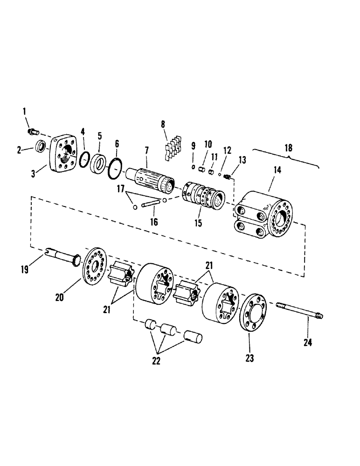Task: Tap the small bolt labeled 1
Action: pyautogui.click(x=35, y=132)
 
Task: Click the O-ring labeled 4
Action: pyautogui.click(x=83, y=159)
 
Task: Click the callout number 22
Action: pyautogui.click(x=157, y=361)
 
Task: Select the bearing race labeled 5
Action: pyautogui.click(x=99, y=164)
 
